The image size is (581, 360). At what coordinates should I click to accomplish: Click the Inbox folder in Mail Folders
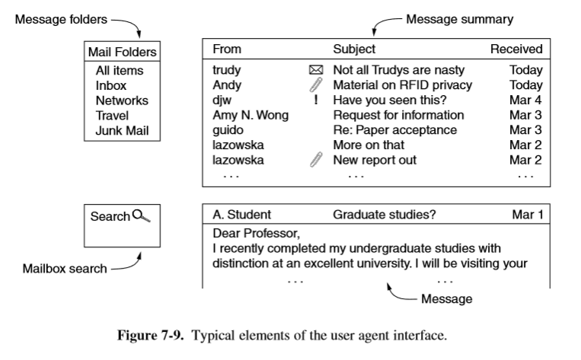[x=110, y=85]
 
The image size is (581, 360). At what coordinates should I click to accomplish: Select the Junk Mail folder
[x=122, y=130]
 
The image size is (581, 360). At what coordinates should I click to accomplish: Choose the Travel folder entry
[x=112, y=115]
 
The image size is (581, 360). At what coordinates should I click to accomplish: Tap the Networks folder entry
[x=122, y=100]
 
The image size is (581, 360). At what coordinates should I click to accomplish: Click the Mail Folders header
[x=122, y=53]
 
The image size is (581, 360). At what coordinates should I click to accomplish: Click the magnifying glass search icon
[x=142, y=216]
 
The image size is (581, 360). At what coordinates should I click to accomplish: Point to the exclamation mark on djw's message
[x=315, y=100]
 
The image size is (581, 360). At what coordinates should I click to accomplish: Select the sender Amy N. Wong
[x=250, y=115]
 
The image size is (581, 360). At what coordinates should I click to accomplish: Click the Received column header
[x=516, y=49]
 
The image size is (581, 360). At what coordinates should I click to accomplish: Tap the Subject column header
[x=354, y=49]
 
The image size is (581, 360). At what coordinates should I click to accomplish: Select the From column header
[x=226, y=49]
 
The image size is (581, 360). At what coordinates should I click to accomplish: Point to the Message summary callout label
[x=459, y=19]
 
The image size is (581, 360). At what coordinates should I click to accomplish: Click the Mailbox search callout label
[x=65, y=269]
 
